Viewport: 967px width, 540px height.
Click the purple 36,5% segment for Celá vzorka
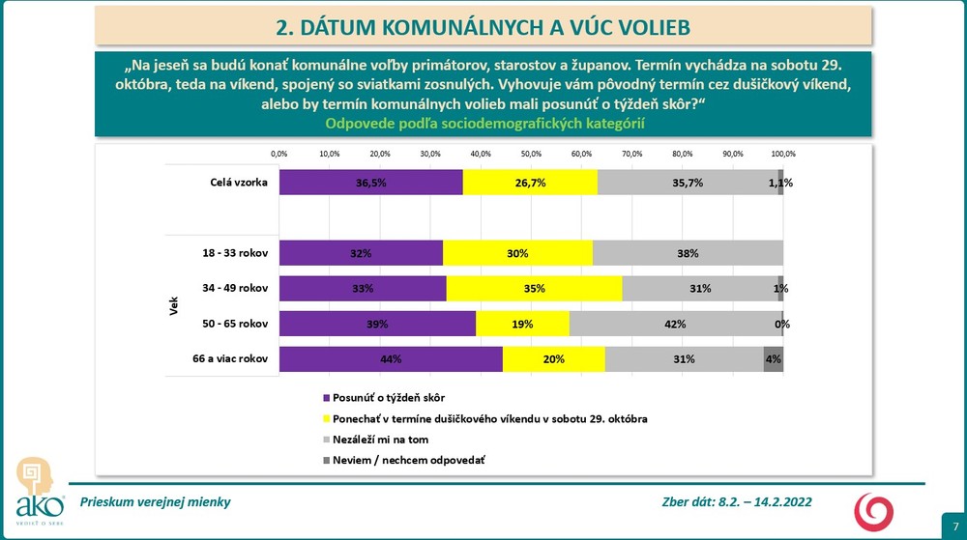370,182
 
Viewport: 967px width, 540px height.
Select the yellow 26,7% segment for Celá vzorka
530,182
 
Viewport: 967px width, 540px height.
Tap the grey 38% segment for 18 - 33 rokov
688,253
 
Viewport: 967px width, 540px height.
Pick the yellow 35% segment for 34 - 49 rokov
534,288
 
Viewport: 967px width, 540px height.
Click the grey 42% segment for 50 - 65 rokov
675,324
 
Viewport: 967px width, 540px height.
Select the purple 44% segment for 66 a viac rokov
391,358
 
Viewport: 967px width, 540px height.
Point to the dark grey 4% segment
773,358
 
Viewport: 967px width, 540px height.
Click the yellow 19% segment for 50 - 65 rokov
523,324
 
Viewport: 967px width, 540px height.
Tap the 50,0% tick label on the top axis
531,154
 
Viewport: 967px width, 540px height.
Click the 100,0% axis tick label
783,154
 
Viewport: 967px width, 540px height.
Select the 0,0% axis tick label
278,154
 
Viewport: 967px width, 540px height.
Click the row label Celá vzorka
239,182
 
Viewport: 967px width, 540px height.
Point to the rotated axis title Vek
174,306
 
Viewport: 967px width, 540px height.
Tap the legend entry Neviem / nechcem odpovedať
407,460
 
